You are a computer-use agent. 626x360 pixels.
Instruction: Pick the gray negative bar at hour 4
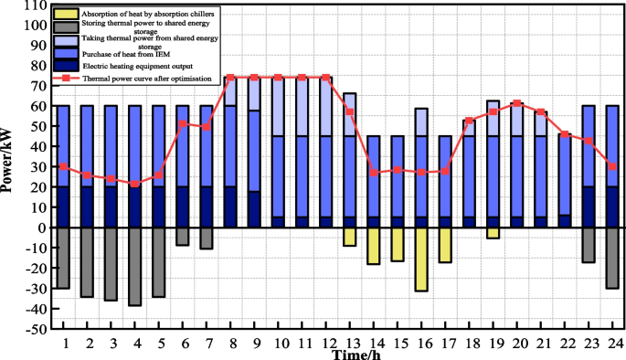pos(135,266)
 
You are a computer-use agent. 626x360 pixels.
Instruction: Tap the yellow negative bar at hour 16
pos(420,259)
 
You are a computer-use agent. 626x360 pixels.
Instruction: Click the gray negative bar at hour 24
pos(611,258)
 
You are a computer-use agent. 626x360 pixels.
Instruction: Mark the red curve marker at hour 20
pos(516,103)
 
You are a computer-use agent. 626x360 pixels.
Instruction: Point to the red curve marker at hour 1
pos(64,166)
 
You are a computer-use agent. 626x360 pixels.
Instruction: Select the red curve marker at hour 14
pos(374,173)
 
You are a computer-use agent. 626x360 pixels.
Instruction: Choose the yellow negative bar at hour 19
pos(493,233)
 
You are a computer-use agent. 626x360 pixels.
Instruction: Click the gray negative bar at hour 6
pos(183,236)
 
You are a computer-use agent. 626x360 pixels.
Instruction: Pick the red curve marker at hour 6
pos(183,123)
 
